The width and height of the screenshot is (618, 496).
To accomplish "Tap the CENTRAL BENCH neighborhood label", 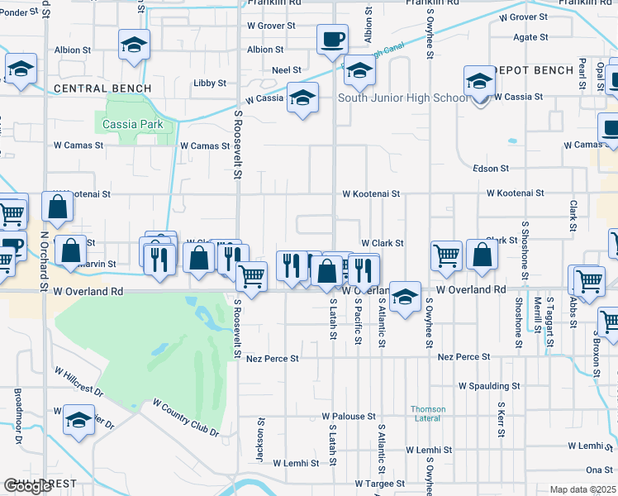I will click(102, 88).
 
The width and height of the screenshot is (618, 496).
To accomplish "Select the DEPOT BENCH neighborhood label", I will click(530, 71).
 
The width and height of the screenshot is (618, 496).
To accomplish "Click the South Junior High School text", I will click(403, 98).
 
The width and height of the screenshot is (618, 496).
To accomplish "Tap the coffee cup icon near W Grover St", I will click(332, 39).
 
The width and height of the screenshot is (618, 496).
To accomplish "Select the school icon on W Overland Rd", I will click(405, 298).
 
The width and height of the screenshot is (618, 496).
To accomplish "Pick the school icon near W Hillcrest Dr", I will click(79, 420).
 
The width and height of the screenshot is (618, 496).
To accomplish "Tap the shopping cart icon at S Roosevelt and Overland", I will click(251, 277).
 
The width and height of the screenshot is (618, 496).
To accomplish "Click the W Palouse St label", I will click(349, 417).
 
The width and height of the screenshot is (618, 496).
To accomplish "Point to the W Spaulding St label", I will click(489, 386).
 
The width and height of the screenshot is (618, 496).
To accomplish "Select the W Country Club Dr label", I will click(186, 417).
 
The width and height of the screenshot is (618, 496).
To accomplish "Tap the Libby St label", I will click(210, 83).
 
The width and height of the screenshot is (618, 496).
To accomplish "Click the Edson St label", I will click(491, 169).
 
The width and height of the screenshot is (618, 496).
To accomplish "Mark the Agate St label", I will click(531, 38).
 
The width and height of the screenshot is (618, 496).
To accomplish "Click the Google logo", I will click(27, 486).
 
